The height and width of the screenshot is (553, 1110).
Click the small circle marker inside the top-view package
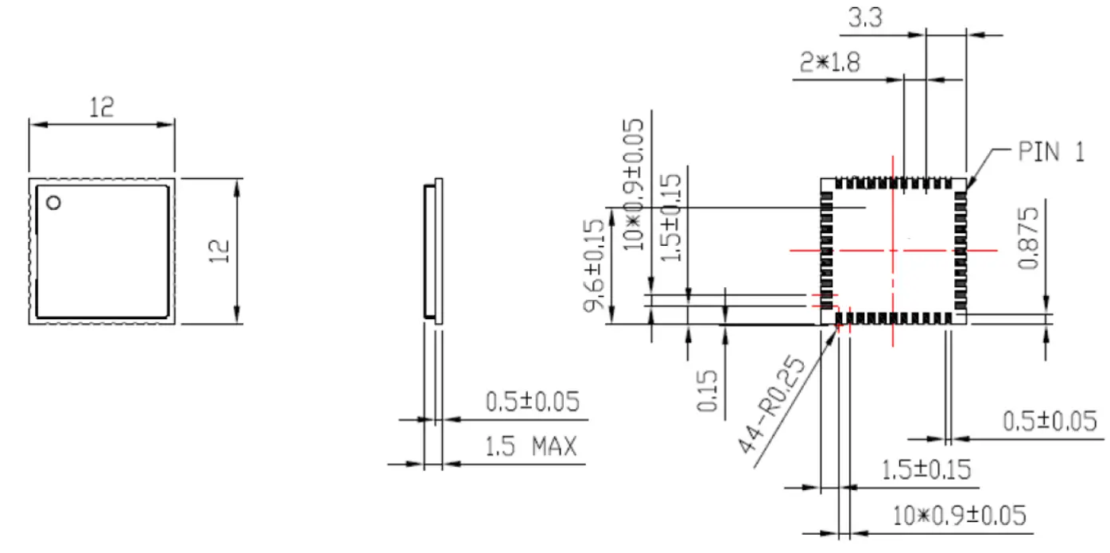pyautogui.click(x=53, y=203)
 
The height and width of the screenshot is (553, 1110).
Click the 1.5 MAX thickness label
pyautogui.click(x=531, y=447)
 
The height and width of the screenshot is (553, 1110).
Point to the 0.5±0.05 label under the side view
pyautogui.click(x=532, y=402)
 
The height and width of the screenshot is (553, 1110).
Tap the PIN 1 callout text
pyautogui.click(x=1051, y=153)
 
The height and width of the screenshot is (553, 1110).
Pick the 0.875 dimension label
pyautogui.click(x=1030, y=238)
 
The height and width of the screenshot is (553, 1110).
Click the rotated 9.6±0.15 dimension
pyautogui.click(x=596, y=266)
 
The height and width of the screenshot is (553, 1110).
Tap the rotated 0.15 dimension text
pyautogui.click(x=708, y=391)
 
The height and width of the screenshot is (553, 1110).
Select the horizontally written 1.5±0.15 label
pyautogui.click(x=927, y=469)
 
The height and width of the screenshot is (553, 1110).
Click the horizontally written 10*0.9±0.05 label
pyautogui.click(x=959, y=516)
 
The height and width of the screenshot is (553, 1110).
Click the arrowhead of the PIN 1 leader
pyautogui.click(x=967, y=186)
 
